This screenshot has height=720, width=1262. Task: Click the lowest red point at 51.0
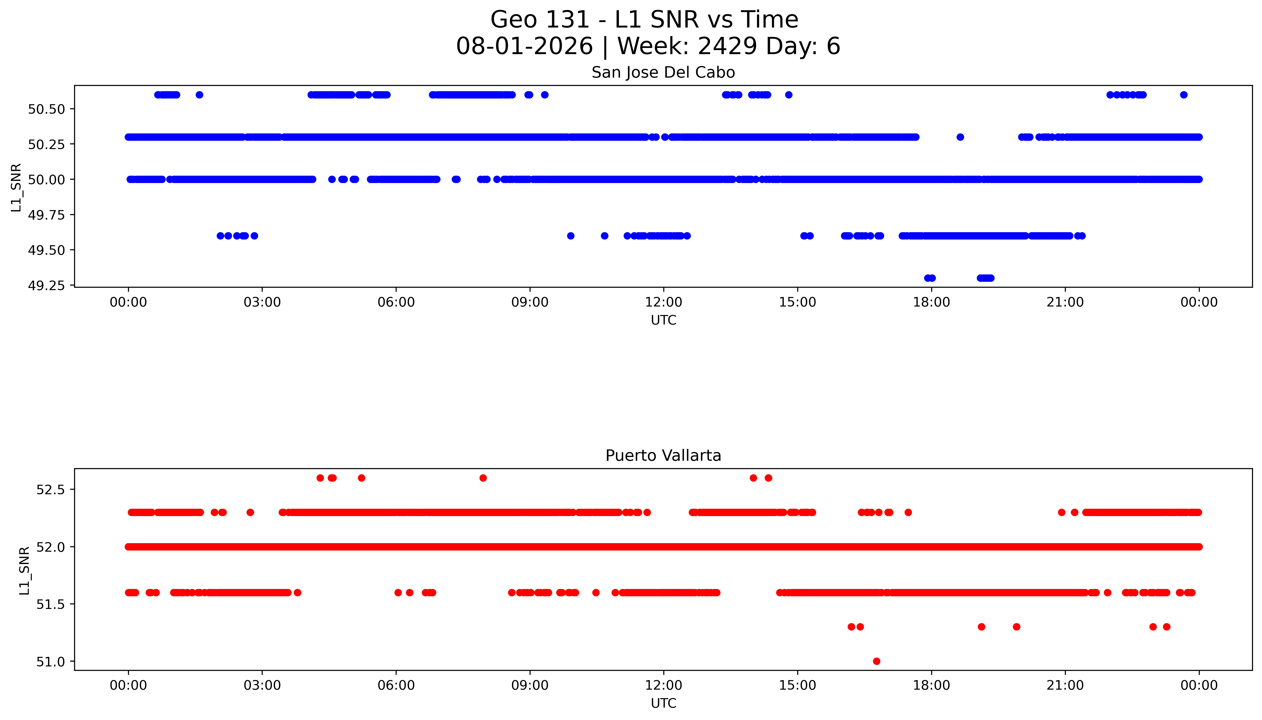coord(877,661)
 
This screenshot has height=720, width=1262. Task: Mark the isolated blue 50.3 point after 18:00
coord(960,137)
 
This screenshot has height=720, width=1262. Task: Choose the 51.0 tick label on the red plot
coord(50,662)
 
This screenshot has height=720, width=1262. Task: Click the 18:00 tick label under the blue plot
coord(931,302)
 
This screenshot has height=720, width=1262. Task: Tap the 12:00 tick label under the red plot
coord(663,685)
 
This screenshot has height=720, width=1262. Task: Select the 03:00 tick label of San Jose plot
coord(262,302)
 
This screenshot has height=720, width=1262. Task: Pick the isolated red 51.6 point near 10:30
coord(596,593)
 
